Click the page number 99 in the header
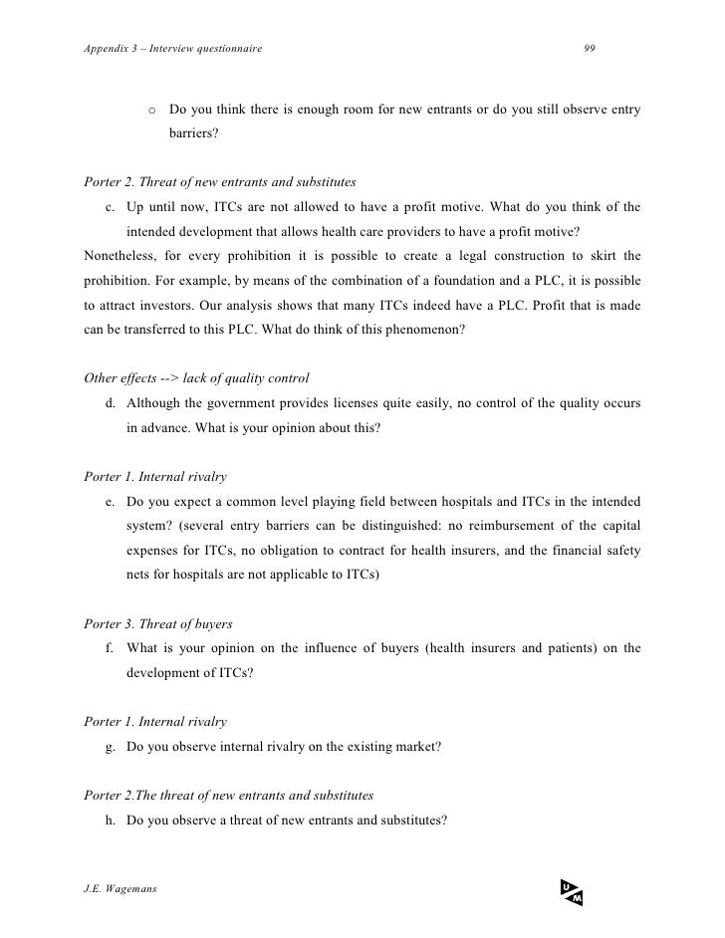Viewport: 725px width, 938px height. coord(590,50)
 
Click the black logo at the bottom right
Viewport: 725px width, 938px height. coord(571,892)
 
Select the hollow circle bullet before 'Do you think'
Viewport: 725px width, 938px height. coord(151,110)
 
